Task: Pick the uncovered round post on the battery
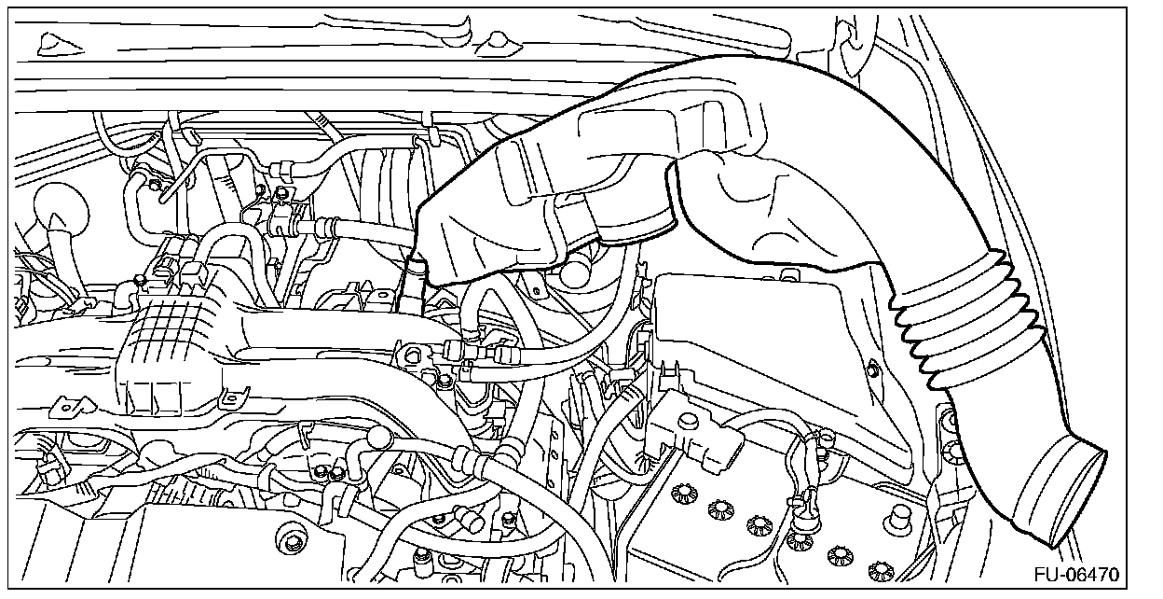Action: pos(899,515)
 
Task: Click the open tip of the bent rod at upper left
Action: pos(161,198)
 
